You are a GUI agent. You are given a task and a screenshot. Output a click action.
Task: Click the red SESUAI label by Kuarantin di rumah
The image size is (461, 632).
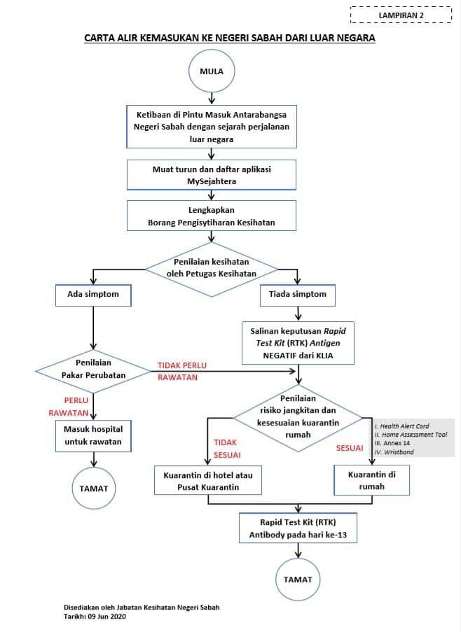click(x=350, y=448)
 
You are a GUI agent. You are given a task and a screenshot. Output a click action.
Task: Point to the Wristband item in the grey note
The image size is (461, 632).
click(x=394, y=452)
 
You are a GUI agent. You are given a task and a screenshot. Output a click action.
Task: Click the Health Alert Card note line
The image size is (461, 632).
click(x=402, y=426)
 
